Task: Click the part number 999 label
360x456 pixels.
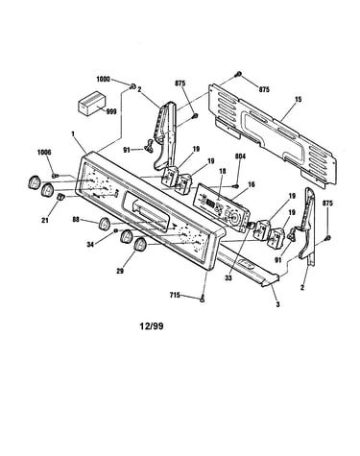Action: tap(111, 111)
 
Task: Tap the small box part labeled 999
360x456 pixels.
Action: tap(92, 103)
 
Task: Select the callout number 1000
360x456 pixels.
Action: tap(103, 79)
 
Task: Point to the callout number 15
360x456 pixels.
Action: tap(298, 100)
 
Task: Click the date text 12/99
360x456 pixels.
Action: tap(152, 326)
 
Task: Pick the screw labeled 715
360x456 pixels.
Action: tap(202, 299)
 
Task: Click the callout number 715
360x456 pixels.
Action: tap(175, 296)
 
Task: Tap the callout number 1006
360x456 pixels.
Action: tap(44, 152)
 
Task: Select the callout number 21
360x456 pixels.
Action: tap(45, 220)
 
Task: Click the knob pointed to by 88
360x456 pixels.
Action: tap(105, 224)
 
